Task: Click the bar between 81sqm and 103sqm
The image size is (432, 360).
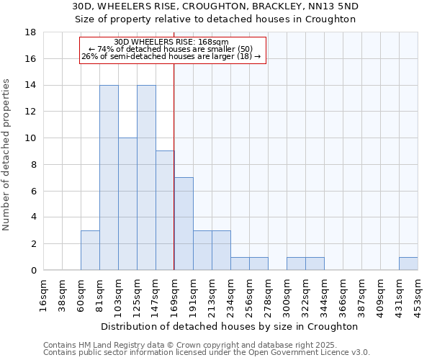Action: [x=109, y=178]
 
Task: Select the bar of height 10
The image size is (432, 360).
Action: [x=127, y=204]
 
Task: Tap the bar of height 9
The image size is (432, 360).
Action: [x=165, y=210]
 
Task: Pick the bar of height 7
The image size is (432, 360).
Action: [x=184, y=224]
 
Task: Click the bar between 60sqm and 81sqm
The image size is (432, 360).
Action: [x=90, y=251]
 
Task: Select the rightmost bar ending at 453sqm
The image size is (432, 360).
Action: [x=408, y=264]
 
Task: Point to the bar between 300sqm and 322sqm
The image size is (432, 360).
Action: [x=296, y=264]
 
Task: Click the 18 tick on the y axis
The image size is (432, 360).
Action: [x=31, y=32]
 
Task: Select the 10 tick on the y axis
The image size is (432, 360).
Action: [x=31, y=138]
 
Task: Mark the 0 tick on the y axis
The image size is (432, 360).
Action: [x=33, y=270]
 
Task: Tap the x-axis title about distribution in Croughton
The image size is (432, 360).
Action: [x=230, y=326]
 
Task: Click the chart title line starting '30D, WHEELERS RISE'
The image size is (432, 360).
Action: [x=216, y=6]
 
